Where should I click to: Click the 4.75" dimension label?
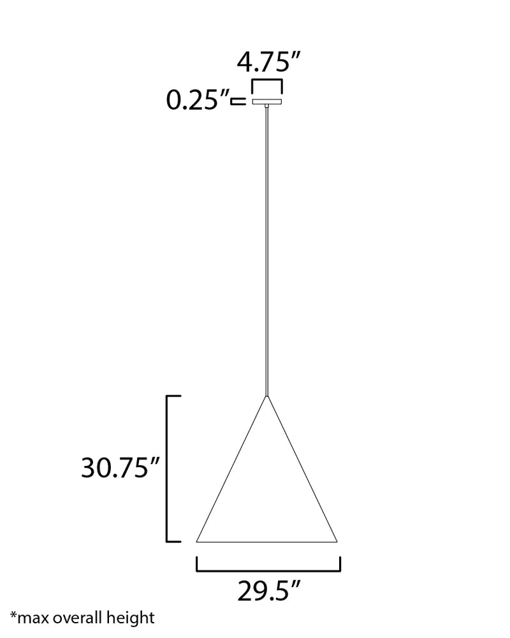pos(268,62)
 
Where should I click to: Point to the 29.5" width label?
pos(268,591)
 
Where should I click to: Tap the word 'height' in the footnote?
pos(131,618)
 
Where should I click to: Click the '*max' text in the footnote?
pos(29,618)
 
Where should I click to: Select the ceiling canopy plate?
pos(267,101)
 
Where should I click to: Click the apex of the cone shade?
pos(266,396)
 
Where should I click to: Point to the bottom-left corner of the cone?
pos(196,542)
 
